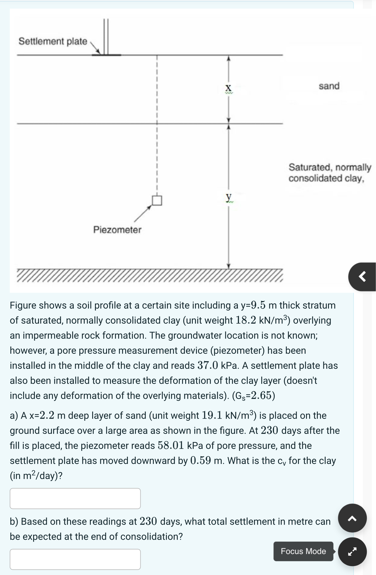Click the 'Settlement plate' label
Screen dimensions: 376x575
[x=53, y=41]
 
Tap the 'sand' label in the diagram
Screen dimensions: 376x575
[x=329, y=86]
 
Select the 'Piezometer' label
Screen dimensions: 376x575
[x=117, y=230]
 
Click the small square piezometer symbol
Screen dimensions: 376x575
[x=157, y=200]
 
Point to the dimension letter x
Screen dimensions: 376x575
[x=228, y=88]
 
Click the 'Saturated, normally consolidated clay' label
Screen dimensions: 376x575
[x=329, y=173]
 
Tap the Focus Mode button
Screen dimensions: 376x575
[x=303, y=551]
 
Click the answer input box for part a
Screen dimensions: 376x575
[x=75, y=498]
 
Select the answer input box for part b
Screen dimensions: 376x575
[x=75, y=559]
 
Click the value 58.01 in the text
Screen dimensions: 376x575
[x=171, y=445]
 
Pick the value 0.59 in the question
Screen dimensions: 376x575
[x=201, y=460]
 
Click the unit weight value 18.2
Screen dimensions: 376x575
[x=246, y=320]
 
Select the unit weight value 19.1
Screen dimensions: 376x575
[x=212, y=415]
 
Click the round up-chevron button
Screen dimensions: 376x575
[x=352, y=518]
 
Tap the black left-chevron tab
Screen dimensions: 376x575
[x=362, y=277]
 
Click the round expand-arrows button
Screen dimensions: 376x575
[x=352, y=552]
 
